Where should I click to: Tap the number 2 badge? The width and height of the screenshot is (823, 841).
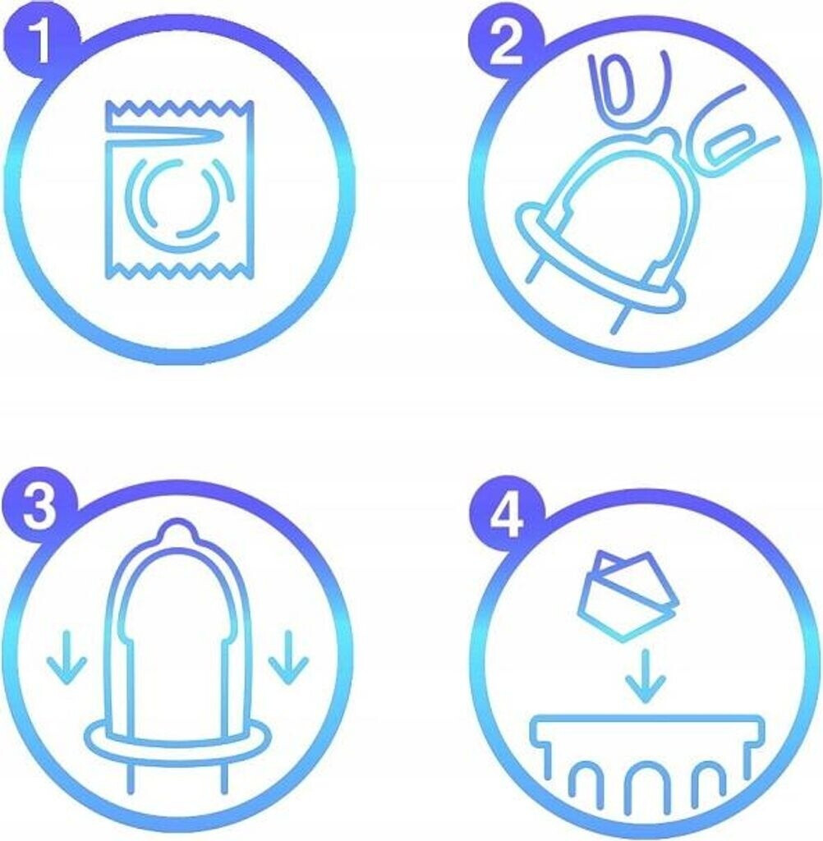tap(506, 47)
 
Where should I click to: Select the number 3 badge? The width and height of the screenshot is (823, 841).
tap(39, 505)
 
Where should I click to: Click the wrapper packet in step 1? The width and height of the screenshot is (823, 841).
tap(179, 190)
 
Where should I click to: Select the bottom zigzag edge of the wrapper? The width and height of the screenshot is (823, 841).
tap(179, 271)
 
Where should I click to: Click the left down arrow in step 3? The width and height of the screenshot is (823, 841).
tap(67, 658)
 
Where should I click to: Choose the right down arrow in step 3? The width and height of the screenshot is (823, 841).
tap(288, 658)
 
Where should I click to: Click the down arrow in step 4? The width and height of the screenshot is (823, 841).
tap(646, 677)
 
